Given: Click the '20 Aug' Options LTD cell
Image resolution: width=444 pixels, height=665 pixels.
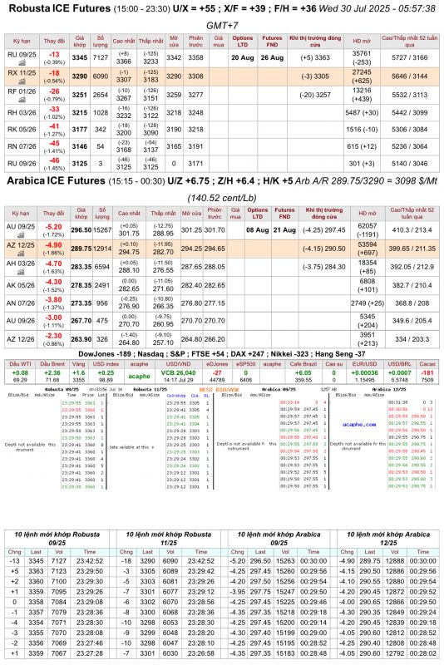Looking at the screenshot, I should [x=243, y=57].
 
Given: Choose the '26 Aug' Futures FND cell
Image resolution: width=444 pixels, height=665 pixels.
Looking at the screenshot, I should [x=272, y=57].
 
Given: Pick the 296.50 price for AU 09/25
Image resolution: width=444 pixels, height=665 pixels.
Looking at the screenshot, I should [x=81, y=229].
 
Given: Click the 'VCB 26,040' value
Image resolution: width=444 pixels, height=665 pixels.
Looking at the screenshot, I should [x=179, y=373].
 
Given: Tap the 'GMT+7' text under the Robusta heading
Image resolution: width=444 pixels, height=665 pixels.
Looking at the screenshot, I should [x=221, y=26].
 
